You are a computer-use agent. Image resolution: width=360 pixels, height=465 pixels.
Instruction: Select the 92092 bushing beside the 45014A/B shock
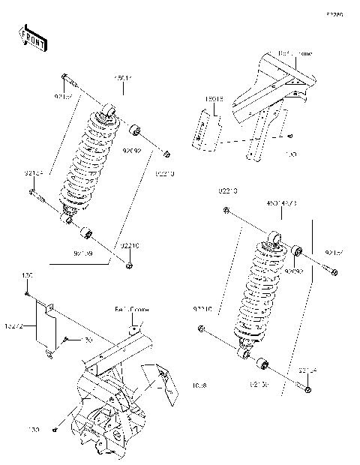[x=297, y=250]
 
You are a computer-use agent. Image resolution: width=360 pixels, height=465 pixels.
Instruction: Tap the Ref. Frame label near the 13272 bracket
[x=132, y=309]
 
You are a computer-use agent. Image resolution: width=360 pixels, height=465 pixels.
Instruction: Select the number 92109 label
[x=83, y=253]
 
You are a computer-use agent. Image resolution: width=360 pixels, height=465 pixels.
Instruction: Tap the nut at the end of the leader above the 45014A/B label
[x=226, y=211]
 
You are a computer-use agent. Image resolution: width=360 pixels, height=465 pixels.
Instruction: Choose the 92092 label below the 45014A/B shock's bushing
[x=295, y=271]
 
